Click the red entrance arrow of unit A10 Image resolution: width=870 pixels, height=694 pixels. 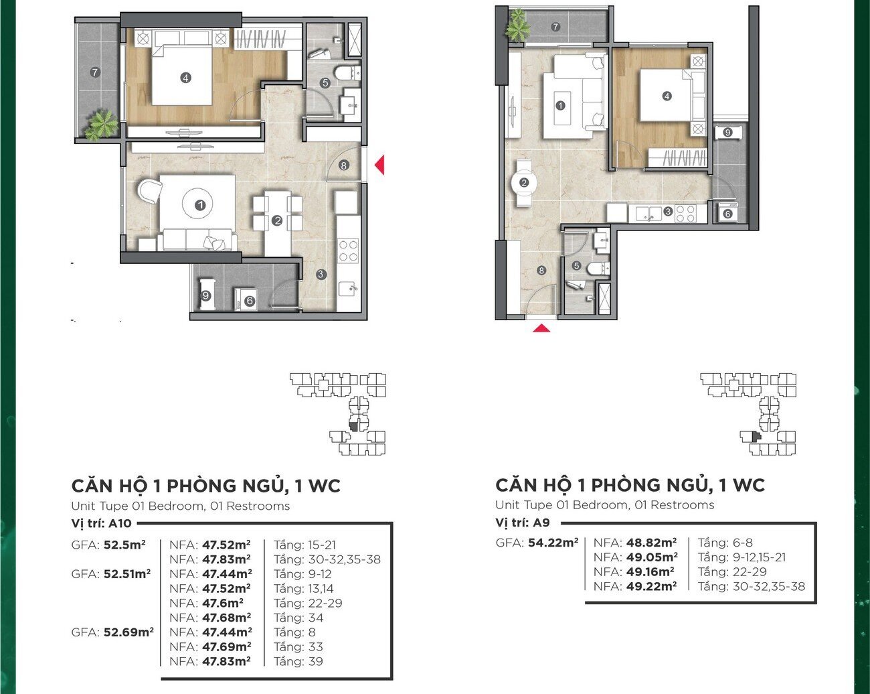tap(380, 165)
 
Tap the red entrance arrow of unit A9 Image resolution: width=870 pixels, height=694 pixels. tap(541, 328)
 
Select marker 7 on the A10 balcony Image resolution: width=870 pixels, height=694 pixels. tap(95, 72)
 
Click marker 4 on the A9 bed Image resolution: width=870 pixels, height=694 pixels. tap(667, 96)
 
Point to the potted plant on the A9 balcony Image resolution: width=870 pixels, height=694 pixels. tap(517, 24)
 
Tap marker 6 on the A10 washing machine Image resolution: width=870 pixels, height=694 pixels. tap(250, 301)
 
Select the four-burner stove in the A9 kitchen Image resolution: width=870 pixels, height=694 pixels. tap(685, 214)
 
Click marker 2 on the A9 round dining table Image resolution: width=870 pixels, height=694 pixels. tap(524, 182)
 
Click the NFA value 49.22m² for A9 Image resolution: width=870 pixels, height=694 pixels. tap(651, 586)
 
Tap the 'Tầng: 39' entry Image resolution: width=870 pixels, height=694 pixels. tap(298, 661)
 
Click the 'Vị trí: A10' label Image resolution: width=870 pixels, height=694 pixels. tap(102, 523)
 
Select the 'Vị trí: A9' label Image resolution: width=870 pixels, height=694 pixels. tap(522, 523)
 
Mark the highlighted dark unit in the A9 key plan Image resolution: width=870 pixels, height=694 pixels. tap(754, 437)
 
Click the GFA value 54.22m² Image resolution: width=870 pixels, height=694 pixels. tap(553, 542)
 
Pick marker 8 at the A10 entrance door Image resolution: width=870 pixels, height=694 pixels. tap(343, 165)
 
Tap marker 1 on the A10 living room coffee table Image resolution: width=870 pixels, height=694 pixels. tap(200, 205)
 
